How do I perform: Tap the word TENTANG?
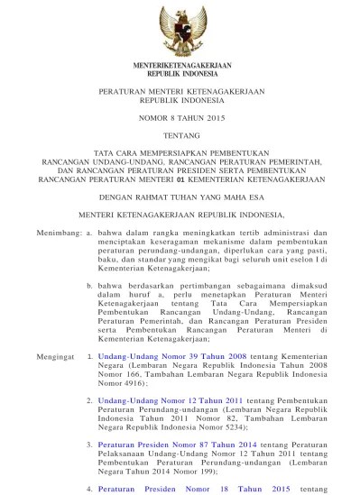[180, 139]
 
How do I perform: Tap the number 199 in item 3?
[220, 470]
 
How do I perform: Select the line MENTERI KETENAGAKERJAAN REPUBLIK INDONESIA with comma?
[180, 215]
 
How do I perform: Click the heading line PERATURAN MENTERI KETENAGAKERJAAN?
[180, 94]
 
